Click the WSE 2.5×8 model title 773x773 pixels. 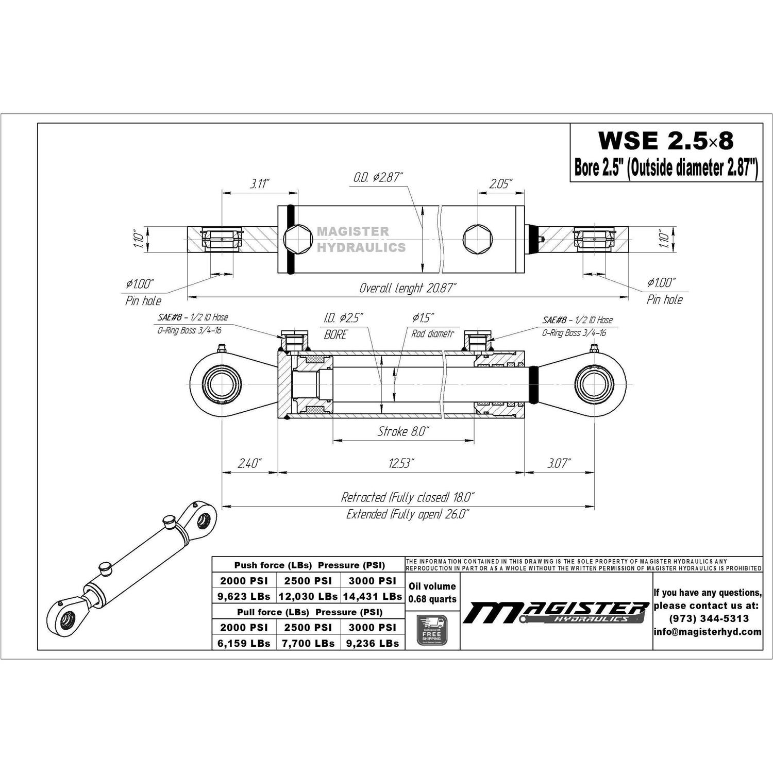(x=665, y=140)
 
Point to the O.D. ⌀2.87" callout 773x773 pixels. (x=378, y=178)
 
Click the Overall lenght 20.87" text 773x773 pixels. (x=407, y=288)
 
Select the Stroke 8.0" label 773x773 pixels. (x=403, y=431)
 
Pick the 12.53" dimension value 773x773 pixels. (x=401, y=463)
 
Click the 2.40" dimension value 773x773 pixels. (x=250, y=463)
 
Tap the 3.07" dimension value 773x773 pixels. (x=559, y=463)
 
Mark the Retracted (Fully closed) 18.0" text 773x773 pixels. (x=407, y=497)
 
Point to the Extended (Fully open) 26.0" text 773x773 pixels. (x=407, y=514)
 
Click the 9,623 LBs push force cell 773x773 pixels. (x=244, y=596)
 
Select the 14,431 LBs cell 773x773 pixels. (x=373, y=596)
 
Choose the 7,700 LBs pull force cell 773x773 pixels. (x=308, y=643)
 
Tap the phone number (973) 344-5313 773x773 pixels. (x=708, y=618)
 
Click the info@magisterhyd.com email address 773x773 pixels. (x=708, y=632)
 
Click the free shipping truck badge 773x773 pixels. (x=431, y=630)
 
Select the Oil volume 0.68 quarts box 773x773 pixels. (x=432, y=593)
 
